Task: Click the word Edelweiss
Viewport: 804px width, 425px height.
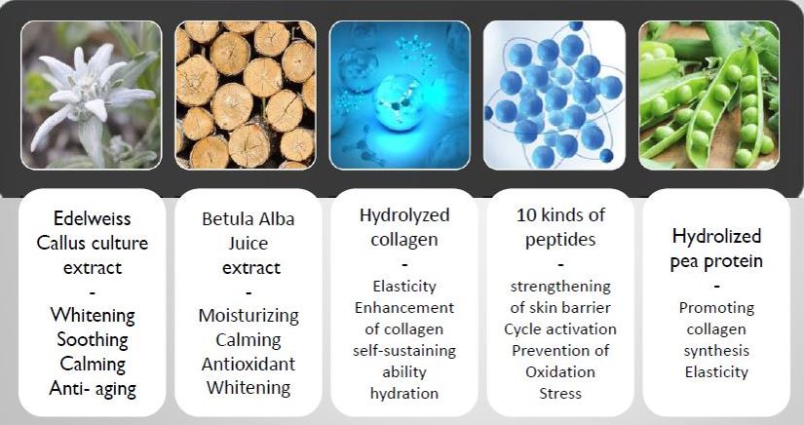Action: [x=93, y=218]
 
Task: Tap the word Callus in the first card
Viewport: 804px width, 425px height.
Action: [x=63, y=243]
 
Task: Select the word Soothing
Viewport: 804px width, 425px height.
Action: [x=93, y=340]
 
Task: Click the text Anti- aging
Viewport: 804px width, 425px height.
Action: [x=93, y=389]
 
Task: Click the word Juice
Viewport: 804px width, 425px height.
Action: [x=249, y=243]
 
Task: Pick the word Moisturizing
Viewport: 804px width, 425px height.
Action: [x=249, y=316]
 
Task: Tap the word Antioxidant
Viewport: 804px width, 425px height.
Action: [x=249, y=364]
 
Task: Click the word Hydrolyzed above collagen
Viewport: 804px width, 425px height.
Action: [x=404, y=215]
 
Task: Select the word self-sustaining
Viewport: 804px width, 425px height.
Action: [x=404, y=351]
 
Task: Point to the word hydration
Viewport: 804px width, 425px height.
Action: [x=404, y=394]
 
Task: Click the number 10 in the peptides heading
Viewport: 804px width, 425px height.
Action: [x=526, y=214]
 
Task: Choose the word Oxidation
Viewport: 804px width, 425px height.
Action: [x=560, y=371]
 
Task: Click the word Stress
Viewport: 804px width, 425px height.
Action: [x=560, y=393]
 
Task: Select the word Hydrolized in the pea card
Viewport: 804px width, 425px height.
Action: [x=716, y=236]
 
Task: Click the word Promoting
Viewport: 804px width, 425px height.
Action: [x=716, y=308]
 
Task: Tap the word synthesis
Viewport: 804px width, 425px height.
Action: [x=716, y=351]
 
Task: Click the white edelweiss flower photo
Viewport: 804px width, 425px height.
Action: [x=92, y=95]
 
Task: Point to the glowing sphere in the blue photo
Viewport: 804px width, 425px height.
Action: [x=399, y=102]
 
